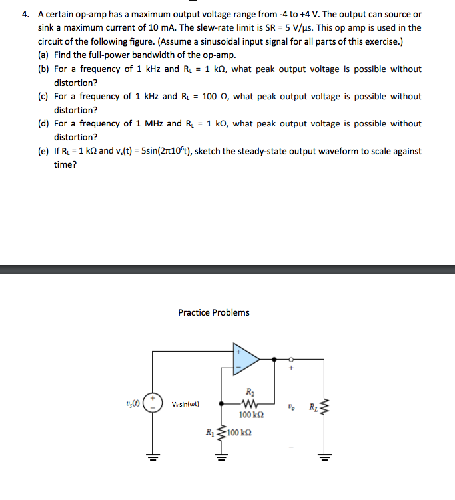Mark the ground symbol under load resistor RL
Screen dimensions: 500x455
click(x=325, y=457)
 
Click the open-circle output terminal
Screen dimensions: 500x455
click(x=291, y=358)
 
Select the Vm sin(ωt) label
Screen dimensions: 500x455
click(x=185, y=404)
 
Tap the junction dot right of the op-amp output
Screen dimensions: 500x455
click(x=276, y=358)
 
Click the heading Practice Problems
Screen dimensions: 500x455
click(x=214, y=312)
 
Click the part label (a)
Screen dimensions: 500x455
click(x=43, y=55)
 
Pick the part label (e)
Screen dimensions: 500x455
click(x=43, y=151)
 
